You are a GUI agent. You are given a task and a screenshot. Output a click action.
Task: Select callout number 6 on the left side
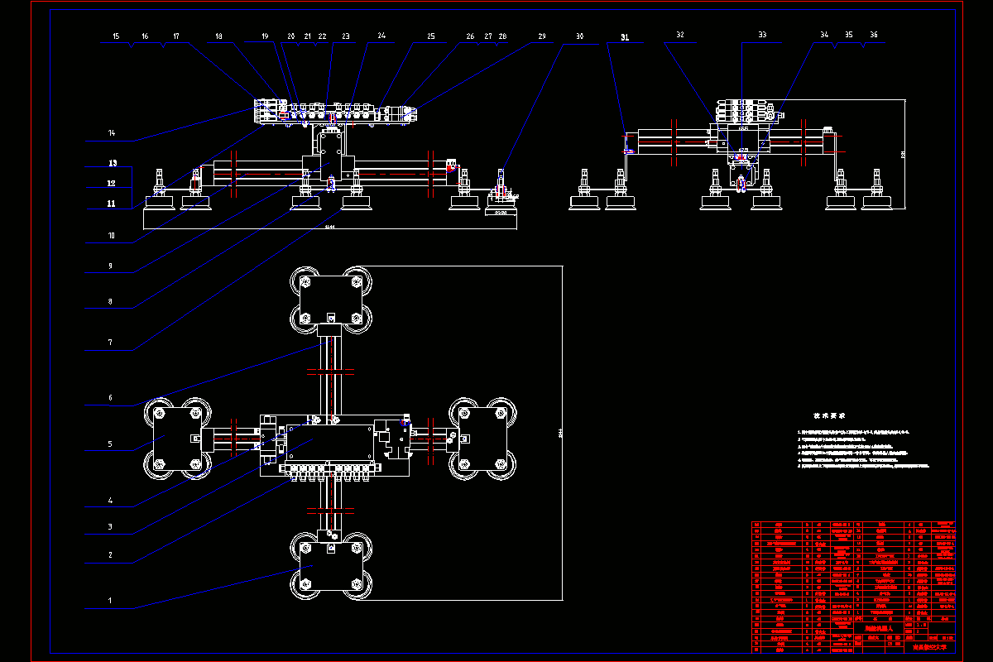click(x=110, y=398)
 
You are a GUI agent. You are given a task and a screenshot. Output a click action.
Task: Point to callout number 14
click(x=113, y=133)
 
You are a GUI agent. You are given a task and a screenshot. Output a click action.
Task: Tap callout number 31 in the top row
click(x=625, y=37)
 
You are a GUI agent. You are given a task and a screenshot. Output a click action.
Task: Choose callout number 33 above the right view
click(x=762, y=36)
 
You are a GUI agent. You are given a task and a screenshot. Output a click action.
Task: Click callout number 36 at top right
click(x=874, y=36)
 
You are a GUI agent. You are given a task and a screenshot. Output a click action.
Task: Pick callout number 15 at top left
click(x=116, y=36)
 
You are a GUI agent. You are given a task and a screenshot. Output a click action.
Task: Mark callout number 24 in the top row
click(x=381, y=36)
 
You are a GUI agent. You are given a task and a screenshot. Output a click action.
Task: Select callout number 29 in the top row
click(x=542, y=36)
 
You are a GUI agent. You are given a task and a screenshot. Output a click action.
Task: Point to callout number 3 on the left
click(x=110, y=526)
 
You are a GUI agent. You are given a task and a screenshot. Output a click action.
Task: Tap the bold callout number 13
click(x=113, y=163)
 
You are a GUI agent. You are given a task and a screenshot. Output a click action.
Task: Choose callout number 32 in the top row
click(x=679, y=36)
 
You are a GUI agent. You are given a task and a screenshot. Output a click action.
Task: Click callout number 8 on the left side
click(x=110, y=301)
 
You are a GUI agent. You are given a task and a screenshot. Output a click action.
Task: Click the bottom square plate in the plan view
click(x=329, y=566)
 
